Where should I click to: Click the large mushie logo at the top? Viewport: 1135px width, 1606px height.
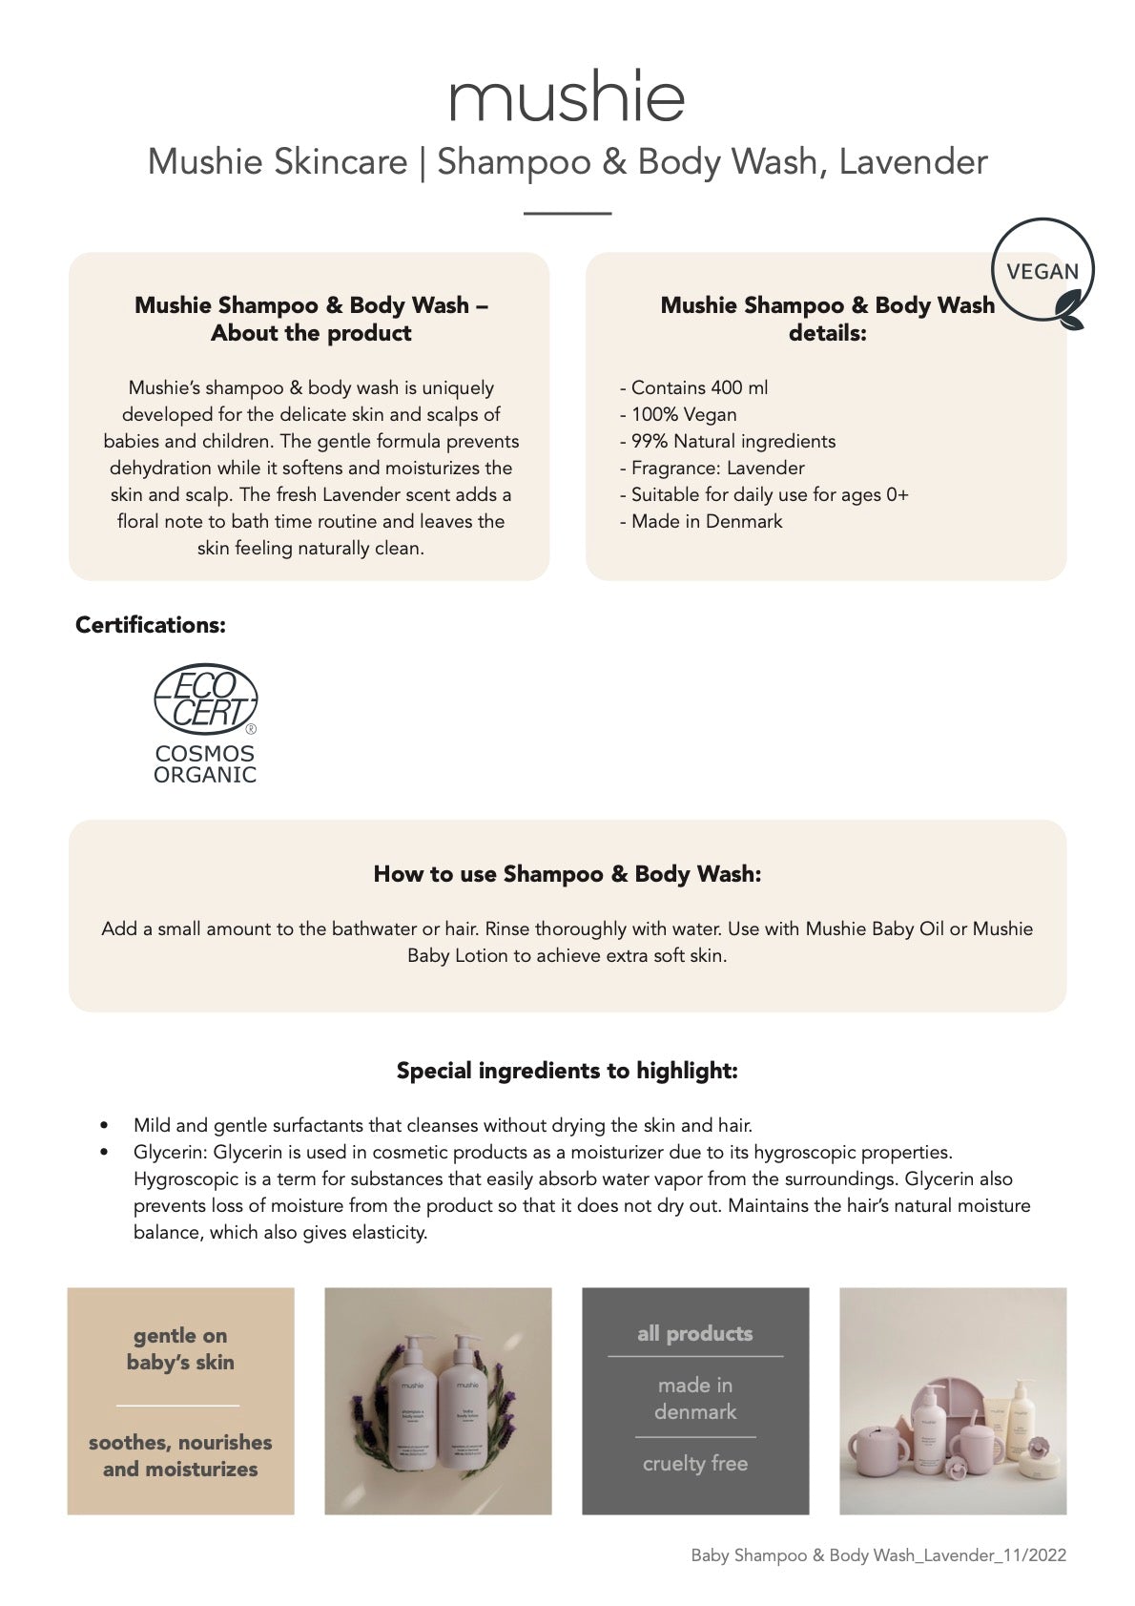(567, 96)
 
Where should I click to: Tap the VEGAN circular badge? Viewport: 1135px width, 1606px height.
(1042, 272)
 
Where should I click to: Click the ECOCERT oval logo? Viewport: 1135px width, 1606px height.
(205, 699)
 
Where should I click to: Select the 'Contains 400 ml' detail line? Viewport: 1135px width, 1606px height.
(693, 387)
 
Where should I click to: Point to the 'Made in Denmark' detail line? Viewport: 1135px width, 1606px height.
(701, 521)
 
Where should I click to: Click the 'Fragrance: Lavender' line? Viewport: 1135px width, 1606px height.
(712, 468)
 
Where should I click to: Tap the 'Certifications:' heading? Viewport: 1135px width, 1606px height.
(151, 625)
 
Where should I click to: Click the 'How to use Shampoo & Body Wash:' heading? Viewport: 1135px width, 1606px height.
(567, 874)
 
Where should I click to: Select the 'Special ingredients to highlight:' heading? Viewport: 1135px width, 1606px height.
(567, 1071)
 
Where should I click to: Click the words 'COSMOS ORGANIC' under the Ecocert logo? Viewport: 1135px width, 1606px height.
(205, 764)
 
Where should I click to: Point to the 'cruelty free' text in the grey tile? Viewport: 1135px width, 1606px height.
(695, 1463)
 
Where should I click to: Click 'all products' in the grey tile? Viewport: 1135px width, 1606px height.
(695, 1333)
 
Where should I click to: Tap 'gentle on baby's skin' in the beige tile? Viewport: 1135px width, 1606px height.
(180, 1348)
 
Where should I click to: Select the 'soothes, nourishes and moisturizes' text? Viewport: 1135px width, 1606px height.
(180, 1455)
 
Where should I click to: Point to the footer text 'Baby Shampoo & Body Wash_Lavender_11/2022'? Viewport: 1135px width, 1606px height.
(878, 1555)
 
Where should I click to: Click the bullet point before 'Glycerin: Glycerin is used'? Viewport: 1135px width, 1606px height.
(104, 1152)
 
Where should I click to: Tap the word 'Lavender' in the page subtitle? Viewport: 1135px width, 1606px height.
(913, 161)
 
